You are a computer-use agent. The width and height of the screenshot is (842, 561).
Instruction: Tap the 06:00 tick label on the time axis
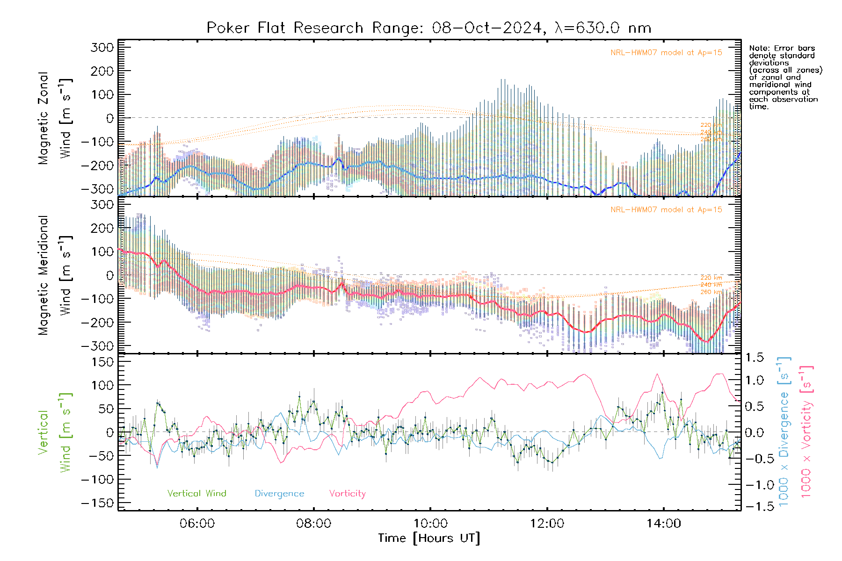click(x=197, y=524)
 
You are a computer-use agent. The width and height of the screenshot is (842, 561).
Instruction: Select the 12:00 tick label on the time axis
click(x=547, y=524)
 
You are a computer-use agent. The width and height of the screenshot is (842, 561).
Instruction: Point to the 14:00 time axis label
click(x=663, y=524)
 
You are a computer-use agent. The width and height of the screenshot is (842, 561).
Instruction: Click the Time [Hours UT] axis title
click(x=429, y=538)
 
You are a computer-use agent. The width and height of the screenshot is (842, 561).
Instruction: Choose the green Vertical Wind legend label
click(x=196, y=494)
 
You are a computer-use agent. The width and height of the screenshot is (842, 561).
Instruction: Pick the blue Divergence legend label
click(x=279, y=494)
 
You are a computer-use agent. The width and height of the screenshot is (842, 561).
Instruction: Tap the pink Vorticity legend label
click(x=347, y=494)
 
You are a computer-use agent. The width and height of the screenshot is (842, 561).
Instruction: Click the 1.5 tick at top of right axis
click(x=755, y=358)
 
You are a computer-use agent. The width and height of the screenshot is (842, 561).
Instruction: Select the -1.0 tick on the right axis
click(x=755, y=485)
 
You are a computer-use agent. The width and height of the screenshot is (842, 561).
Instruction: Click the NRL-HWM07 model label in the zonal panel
click(x=666, y=53)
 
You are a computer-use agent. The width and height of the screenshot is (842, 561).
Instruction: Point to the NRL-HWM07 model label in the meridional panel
click(x=666, y=210)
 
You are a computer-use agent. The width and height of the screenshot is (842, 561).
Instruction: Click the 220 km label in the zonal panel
click(x=711, y=125)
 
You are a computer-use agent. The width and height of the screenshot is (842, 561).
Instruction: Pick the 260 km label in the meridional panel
click(x=711, y=292)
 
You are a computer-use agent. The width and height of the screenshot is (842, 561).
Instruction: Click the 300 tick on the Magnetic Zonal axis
click(x=102, y=47)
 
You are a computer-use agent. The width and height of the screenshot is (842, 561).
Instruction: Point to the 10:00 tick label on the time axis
click(x=430, y=524)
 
